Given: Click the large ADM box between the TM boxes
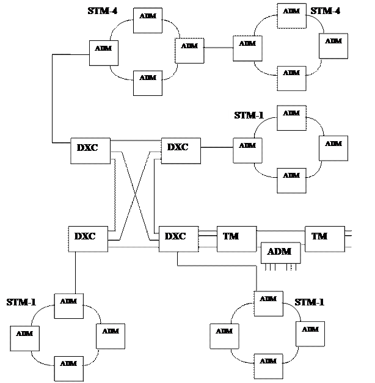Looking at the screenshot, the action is click(x=280, y=252).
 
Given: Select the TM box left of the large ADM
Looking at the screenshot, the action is click(x=236, y=238).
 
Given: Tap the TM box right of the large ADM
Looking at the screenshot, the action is click(x=324, y=238).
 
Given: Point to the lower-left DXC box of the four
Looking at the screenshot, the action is click(x=87, y=238).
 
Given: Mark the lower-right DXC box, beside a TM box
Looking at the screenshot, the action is click(x=178, y=238).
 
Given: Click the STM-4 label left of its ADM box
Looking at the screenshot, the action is click(x=103, y=12).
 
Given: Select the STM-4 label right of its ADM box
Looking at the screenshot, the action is click(x=327, y=12).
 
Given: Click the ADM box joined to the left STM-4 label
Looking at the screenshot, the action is click(x=148, y=20).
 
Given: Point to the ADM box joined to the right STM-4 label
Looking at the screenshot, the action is click(x=291, y=15).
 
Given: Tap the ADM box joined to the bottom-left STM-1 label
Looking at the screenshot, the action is click(x=68, y=305).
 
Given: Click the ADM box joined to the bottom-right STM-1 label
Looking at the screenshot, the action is click(x=268, y=303).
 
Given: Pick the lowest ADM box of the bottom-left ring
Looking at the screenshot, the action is click(x=68, y=368).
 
